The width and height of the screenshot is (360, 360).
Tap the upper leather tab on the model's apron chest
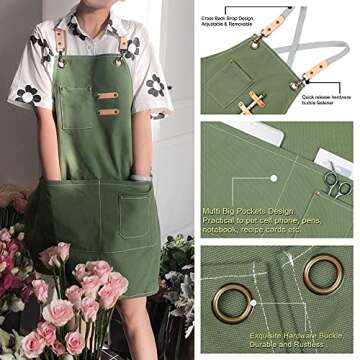[107, 95]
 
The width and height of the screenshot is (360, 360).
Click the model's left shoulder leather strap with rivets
[129, 45]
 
